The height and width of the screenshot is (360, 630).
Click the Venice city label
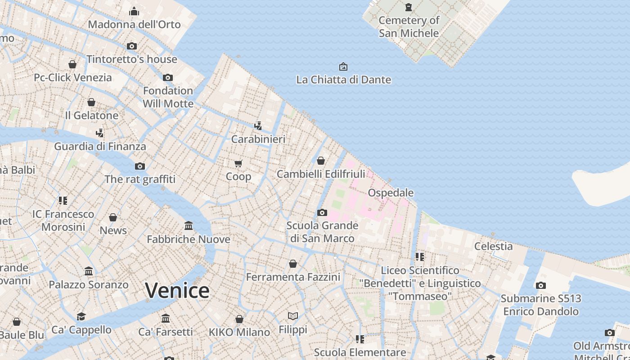tap(177, 290)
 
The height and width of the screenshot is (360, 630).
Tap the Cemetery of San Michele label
tap(409, 27)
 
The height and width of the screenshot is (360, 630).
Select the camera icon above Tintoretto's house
tap(132, 46)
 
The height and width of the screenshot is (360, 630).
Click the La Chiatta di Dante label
tap(343, 80)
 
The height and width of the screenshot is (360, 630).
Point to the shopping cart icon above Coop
tap(238, 163)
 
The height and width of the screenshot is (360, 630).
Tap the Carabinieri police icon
tap(258, 126)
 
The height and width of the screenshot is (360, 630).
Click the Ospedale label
tap(391, 193)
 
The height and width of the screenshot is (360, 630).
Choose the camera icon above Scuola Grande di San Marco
tap(322, 212)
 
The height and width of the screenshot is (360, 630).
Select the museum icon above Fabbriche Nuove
tap(189, 225)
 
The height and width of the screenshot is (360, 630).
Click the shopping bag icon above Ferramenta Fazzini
tap(293, 264)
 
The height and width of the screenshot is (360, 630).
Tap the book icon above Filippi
tap(293, 316)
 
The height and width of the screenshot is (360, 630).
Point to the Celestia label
tap(493, 246)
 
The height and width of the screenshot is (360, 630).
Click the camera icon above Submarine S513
tap(541, 285)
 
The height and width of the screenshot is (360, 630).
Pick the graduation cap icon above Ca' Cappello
tap(81, 316)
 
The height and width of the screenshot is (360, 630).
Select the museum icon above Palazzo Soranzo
tap(89, 271)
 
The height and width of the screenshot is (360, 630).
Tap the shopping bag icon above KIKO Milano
tap(239, 319)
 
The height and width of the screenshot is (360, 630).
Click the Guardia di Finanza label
tap(100, 146)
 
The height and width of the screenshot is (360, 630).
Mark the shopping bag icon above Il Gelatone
tap(91, 102)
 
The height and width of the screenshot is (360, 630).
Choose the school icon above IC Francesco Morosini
tap(63, 200)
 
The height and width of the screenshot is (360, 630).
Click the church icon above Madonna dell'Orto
tap(134, 11)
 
